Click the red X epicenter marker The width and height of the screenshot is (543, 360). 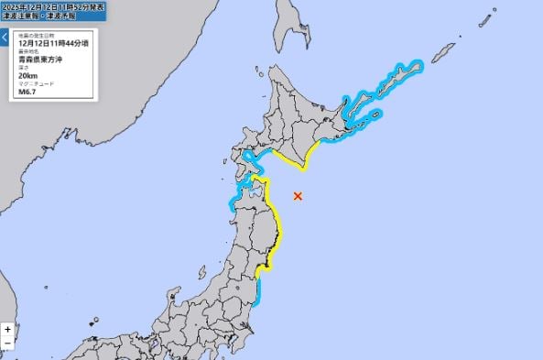pyautogui.click(x=297, y=195)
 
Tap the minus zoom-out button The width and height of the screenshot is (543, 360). pyautogui.click(x=7, y=343)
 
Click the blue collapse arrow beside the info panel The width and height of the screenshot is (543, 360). pyautogui.click(x=5, y=38)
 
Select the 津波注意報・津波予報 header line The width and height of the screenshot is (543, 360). pyautogui.click(x=36, y=15)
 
